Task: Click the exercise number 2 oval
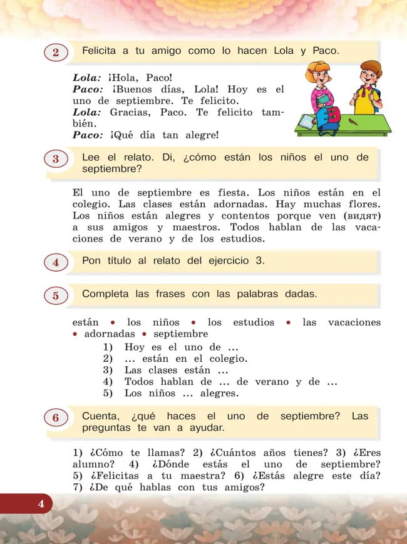[x=56, y=53]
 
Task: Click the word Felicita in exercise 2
[x=100, y=51]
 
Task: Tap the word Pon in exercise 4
[x=91, y=261]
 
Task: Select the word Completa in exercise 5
[x=105, y=294]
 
